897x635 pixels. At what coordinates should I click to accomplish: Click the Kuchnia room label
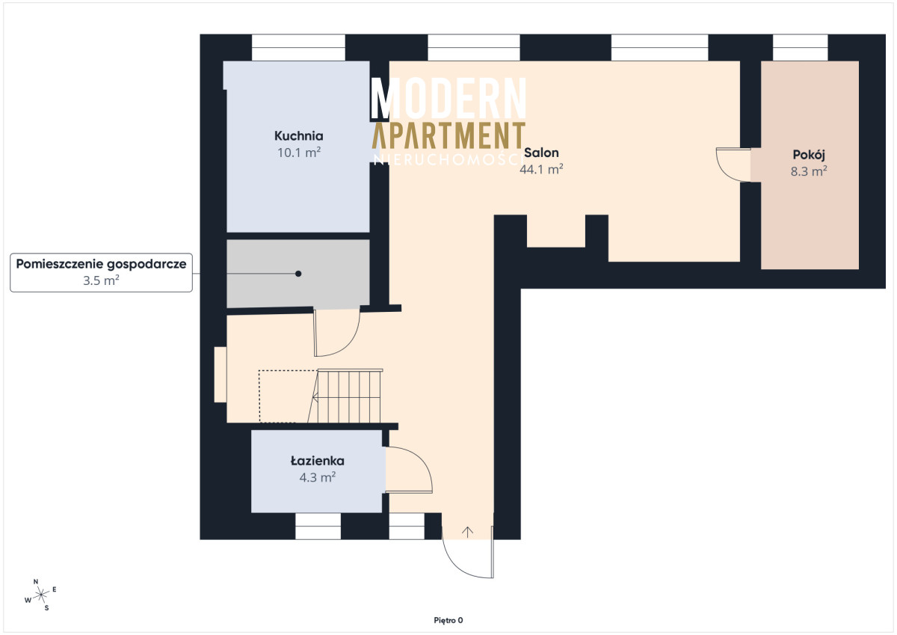[x=299, y=136]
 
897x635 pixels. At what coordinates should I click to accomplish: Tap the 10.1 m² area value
[x=299, y=153]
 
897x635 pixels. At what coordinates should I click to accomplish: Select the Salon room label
[x=541, y=153]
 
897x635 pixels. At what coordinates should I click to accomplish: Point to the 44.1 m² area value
[x=541, y=169]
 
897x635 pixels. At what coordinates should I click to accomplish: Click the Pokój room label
[x=809, y=155]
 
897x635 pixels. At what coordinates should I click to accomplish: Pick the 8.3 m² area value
[x=809, y=171]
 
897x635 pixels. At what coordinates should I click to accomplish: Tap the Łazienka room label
[x=317, y=461]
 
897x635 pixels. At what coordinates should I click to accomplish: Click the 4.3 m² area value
[x=317, y=477]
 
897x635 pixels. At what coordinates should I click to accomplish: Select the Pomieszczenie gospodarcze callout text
[x=101, y=264]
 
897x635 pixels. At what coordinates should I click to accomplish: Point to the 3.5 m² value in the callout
[x=101, y=280]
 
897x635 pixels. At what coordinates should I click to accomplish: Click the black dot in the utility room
[x=298, y=274]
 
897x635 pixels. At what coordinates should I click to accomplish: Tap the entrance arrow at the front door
[x=467, y=532]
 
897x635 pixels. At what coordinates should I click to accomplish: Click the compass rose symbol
[x=41, y=595]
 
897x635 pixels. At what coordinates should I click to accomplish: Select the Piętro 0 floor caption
[x=448, y=620]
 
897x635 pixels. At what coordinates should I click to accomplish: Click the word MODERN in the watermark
[x=449, y=98]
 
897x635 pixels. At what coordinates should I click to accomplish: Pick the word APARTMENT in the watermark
[x=449, y=135]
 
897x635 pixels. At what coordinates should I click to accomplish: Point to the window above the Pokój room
[x=800, y=48]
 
